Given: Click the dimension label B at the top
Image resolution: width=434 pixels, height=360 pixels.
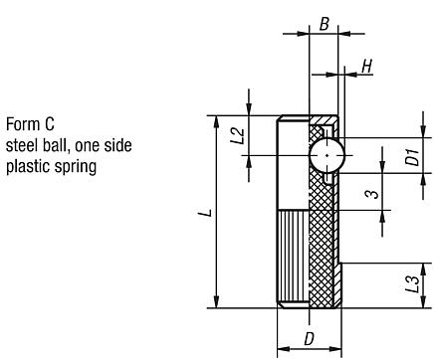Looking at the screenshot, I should click(324, 18).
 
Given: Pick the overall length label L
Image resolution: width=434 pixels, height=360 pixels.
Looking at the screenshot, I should click(203, 213).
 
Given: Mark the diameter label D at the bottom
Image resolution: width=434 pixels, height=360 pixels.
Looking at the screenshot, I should click(309, 339).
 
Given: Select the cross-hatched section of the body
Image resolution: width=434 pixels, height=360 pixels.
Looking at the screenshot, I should click(325, 239).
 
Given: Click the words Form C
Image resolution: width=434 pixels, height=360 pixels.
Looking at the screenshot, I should click(30, 125).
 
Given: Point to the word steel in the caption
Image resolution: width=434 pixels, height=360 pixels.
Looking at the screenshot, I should click(22, 146).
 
